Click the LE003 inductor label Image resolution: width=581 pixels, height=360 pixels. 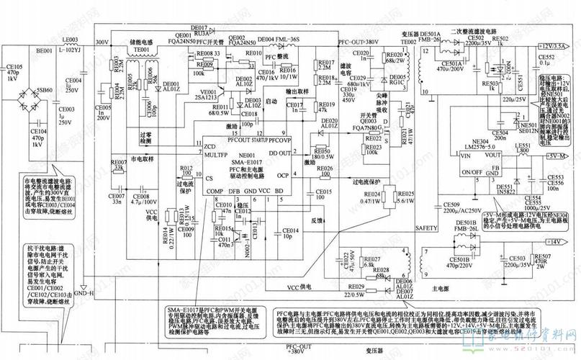[70, 40]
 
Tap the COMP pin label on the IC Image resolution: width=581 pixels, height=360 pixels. [215, 192]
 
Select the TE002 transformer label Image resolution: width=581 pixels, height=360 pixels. [408, 42]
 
